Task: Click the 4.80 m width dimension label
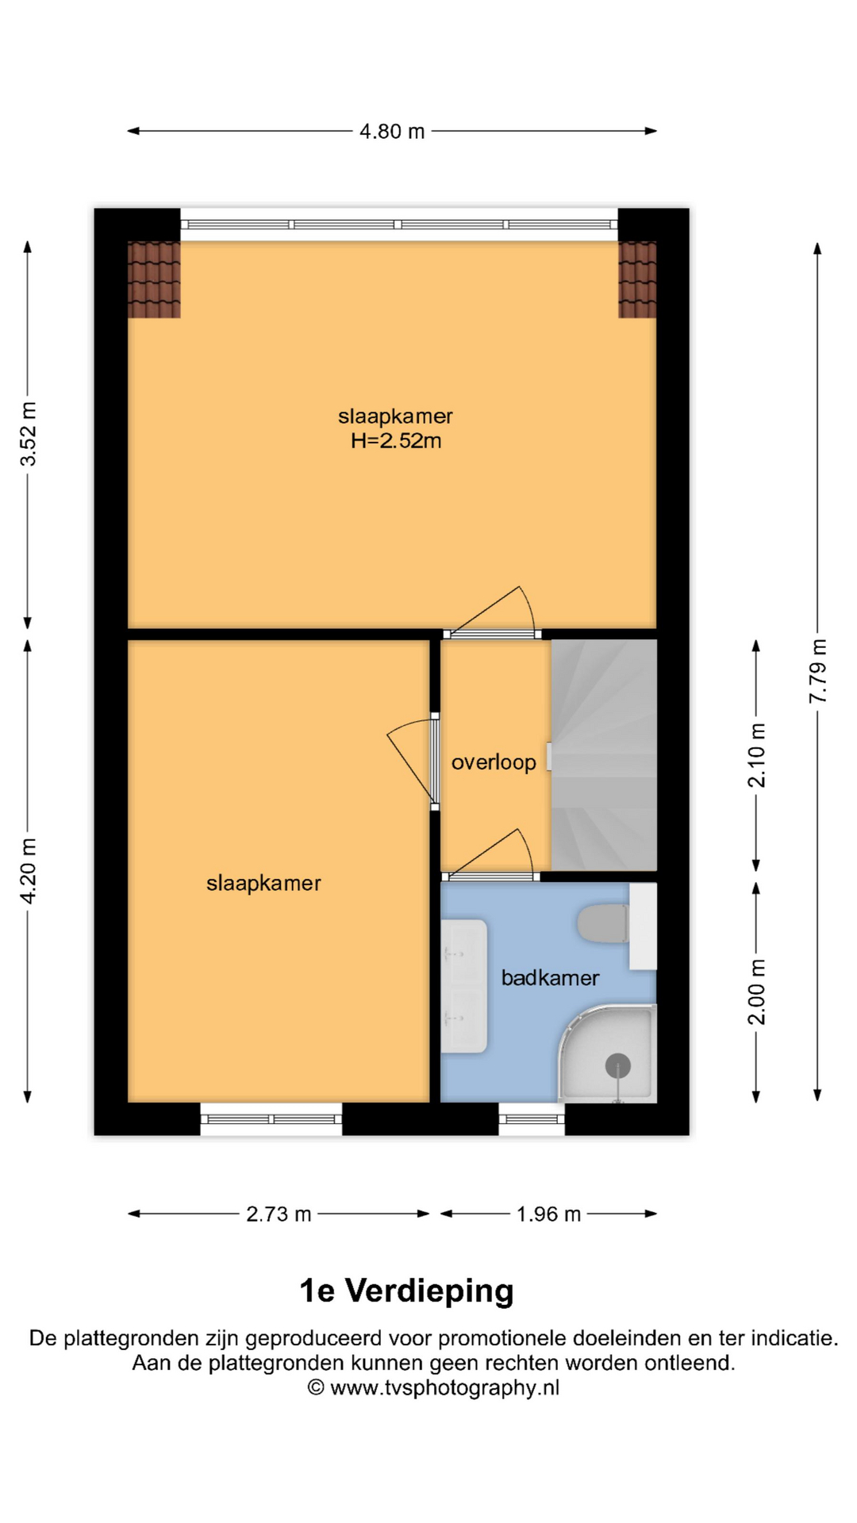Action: point(392,131)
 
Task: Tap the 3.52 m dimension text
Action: point(28,434)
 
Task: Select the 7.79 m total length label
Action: point(817,671)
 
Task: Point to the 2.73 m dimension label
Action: point(279,1214)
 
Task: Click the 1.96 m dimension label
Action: point(549,1214)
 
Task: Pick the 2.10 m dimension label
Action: point(757,755)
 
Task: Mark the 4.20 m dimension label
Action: point(28,871)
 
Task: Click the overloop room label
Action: point(494,762)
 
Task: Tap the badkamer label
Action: point(550,977)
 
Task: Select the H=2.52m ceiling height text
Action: point(396,441)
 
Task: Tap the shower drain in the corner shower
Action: point(618,1066)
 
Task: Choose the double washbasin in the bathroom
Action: point(463,986)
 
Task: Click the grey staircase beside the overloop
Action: point(604,754)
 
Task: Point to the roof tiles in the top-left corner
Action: point(154,279)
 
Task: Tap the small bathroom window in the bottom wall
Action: point(532,1118)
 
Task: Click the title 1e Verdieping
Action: point(406,1291)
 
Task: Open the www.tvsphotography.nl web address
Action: point(444,1387)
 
